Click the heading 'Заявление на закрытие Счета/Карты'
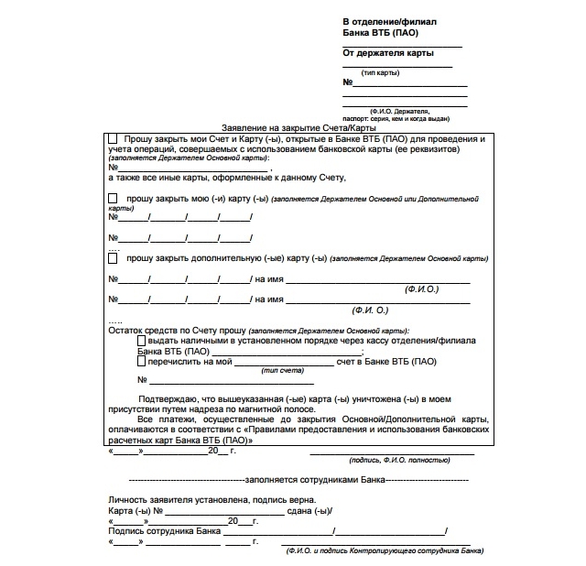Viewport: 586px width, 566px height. [287, 127]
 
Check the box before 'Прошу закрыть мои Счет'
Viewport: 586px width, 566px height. [113, 137]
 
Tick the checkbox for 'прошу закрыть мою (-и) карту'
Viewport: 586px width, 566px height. [113, 198]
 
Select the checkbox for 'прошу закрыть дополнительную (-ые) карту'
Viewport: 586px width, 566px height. [113, 258]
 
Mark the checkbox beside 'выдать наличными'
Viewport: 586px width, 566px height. [141, 340]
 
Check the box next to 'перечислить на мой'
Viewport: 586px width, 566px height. [141, 361]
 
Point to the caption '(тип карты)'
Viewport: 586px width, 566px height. [380, 72]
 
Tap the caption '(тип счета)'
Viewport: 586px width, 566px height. [279, 370]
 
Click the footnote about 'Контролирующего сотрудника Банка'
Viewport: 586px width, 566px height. [384, 551]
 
